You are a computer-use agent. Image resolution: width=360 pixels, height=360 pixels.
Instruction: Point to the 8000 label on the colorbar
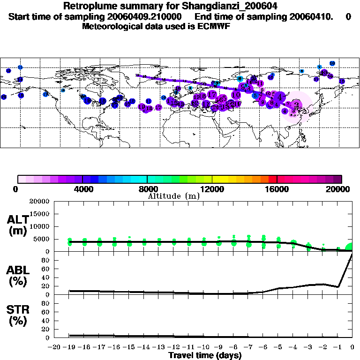[x=147, y=189]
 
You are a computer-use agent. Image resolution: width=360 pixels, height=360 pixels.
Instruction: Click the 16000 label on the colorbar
[x=277, y=189]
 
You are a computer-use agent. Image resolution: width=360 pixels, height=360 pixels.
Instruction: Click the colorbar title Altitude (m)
[x=174, y=196]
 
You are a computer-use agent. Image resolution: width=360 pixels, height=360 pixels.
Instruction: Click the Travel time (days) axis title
[x=205, y=355]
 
